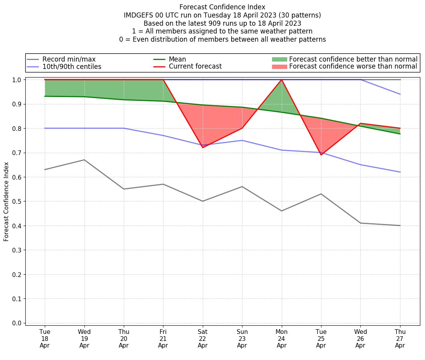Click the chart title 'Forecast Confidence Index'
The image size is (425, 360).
click(x=222, y=7)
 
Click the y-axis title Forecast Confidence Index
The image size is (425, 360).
click(x=7, y=201)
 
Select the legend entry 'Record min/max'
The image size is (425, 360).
click(x=69, y=59)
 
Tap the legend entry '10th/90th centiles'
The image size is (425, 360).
click(x=72, y=67)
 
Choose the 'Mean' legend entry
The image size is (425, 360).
click(x=177, y=59)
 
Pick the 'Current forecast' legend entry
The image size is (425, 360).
click(x=195, y=67)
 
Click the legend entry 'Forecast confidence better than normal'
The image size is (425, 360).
click(x=353, y=59)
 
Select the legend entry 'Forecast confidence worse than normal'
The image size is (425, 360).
click(x=353, y=67)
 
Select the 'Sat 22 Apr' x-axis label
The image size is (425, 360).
click(x=202, y=339)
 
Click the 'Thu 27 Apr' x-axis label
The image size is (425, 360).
click(x=400, y=339)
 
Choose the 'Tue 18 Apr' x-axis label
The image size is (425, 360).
click(x=45, y=339)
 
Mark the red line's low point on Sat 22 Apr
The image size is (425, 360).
click(x=202, y=148)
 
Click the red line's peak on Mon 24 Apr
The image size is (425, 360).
click(x=281, y=80)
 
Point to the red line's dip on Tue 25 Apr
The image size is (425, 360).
click(x=321, y=155)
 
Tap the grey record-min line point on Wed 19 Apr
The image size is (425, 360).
click(x=84, y=160)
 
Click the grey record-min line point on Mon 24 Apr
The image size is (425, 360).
click(x=281, y=211)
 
